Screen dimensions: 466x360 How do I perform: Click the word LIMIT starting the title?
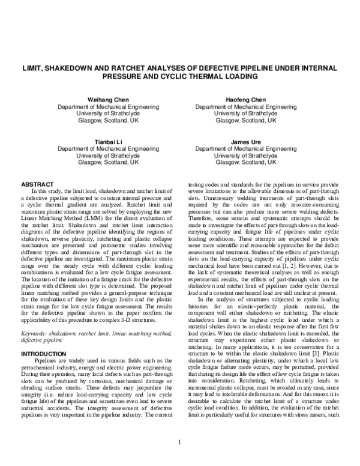coord(34,68)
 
